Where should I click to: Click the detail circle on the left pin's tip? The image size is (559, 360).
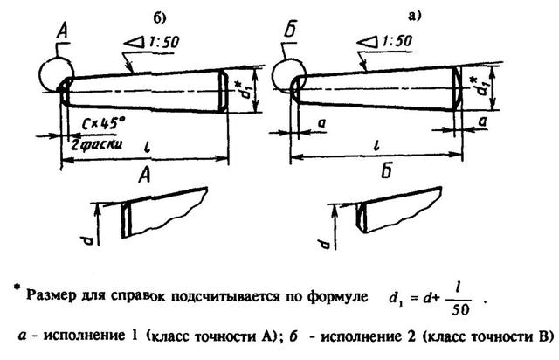click(58, 75)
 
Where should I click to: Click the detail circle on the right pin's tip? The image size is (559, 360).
click(287, 76)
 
